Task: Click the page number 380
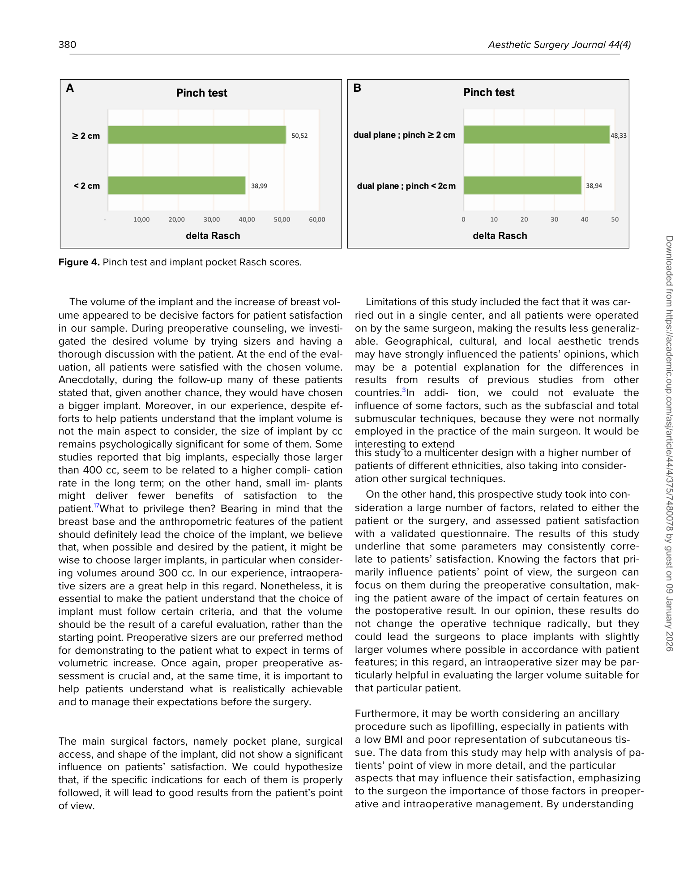(x=67, y=45)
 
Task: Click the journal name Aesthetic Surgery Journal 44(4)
(x=559, y=45)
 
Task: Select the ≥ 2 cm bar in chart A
(x=197, y=135)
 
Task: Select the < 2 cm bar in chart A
(x=176, y=186)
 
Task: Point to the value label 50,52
(x=299, y=136)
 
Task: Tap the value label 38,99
(x=259, y=186)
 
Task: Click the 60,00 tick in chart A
(x=317, y=220)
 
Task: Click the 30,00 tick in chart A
(x=212, y=220)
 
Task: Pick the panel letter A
(x=70, y=88)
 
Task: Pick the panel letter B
(x=357, y=88)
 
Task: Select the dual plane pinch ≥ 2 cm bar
(x=536, y=135)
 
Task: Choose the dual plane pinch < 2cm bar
(x=522, y=186)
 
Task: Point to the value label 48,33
(x=619, y=136)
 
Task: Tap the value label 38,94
(x=594, y=186)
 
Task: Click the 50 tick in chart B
(x=615, y=220)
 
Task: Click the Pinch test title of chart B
(x=489, y=93)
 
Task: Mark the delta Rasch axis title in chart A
(x=213, y=236)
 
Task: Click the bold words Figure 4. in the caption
(x=79, y=262)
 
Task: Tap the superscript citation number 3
(x=404, y=390)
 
